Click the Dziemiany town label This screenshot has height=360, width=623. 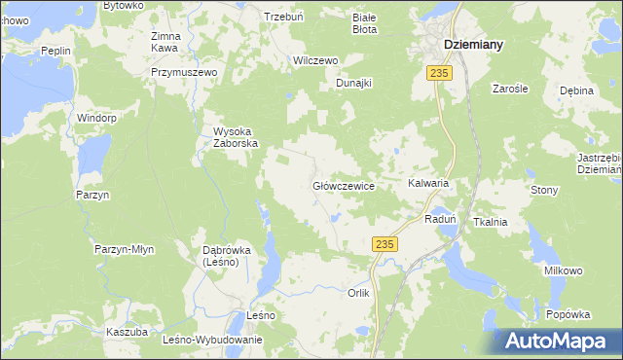(479, 44)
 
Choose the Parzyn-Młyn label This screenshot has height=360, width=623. (125, 249)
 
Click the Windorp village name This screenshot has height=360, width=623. (97, 118)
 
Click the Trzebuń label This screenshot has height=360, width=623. (286, 17)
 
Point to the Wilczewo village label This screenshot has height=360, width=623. (315, 60)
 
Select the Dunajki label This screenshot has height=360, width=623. (354, 83)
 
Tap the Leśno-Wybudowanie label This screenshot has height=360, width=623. (213, 340)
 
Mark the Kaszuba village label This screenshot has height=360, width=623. (127, 332)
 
